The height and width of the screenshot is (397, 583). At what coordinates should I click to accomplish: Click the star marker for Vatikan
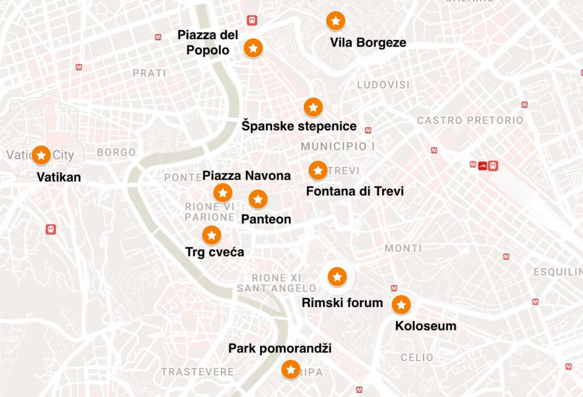[x=41, y=155]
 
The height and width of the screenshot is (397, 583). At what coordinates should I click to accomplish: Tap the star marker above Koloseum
[x=401, y=305]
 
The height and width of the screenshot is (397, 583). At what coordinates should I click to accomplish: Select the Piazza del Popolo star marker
[x=253, y=48]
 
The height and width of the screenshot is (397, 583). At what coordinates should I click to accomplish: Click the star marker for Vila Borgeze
[x=335, y=21]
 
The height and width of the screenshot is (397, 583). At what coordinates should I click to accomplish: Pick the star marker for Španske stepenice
[x=313, y=107]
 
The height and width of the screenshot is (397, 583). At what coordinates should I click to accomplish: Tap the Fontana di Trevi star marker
[x=318, y=170]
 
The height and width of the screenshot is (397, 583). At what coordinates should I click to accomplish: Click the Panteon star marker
[x=258, y=199]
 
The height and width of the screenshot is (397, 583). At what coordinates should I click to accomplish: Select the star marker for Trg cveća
[x=212, y=234]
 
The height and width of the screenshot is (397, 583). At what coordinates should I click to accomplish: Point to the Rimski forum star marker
[x=337, y=277]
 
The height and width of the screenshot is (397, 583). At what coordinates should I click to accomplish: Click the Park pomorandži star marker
[x=291, y=370]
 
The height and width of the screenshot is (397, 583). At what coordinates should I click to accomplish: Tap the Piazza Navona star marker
[x=223, y=193]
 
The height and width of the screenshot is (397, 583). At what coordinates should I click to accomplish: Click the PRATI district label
[x=149, y=73]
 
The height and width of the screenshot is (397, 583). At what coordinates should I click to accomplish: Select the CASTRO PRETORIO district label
[x=470, y=121]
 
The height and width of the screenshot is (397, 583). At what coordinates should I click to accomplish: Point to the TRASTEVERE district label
[x=197, y=372]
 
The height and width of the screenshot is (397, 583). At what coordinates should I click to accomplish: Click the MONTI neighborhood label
[x=403, y=249]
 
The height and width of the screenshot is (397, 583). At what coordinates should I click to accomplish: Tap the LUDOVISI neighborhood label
[x=383, y=85]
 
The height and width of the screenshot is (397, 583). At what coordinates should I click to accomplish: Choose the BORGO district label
[x=116, y=152]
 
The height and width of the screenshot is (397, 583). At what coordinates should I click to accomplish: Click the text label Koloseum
[x=425, y=326]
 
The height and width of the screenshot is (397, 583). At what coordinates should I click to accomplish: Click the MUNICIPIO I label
[x=338, y=147]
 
